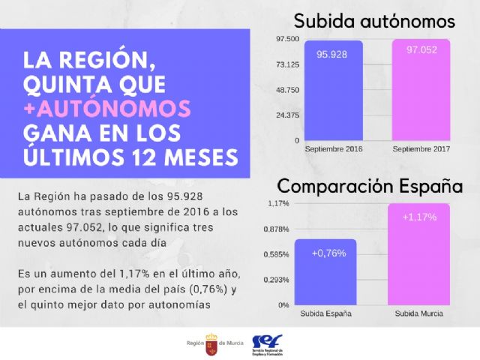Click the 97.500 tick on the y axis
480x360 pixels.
[287, 39]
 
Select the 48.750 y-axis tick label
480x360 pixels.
[287, 90]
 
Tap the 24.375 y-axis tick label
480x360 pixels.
[287, 115]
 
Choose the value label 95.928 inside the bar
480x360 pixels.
[331, 55]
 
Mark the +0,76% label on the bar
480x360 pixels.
[328, 253]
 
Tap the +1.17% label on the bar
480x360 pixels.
[418, 217]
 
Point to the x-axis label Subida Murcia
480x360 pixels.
[418, 313]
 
